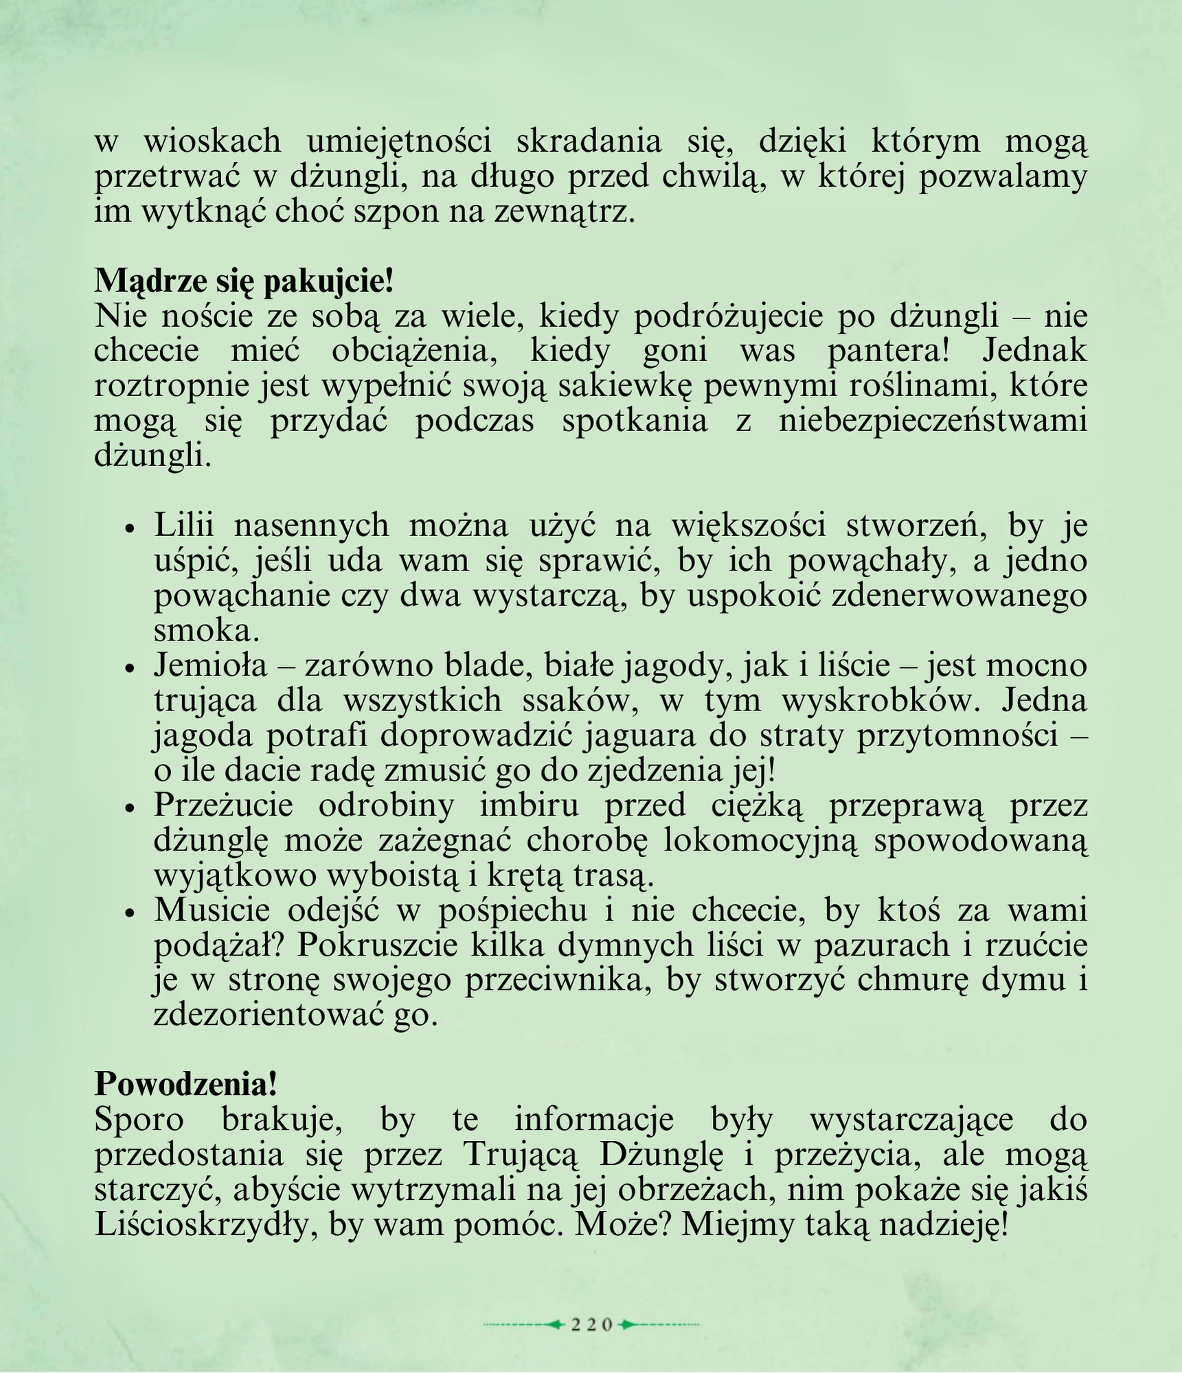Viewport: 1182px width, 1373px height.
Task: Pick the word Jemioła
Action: click(x=210, y=665)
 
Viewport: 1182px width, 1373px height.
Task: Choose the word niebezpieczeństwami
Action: click(x=933, y=420)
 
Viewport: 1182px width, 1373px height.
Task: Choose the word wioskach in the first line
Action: click(x=212, y=141)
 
